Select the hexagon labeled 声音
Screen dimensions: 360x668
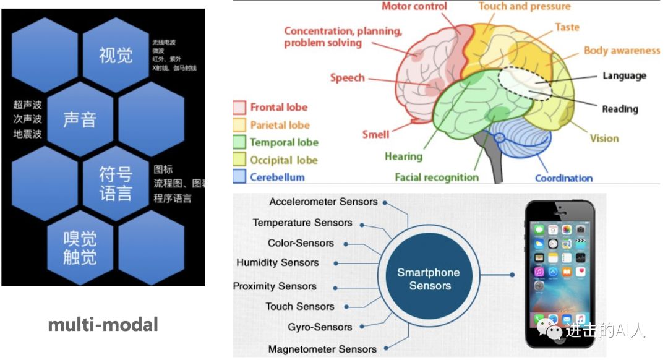click(80, 118)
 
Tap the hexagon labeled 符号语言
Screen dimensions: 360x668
click(116, 183)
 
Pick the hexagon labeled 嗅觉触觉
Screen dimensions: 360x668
click(80, 247)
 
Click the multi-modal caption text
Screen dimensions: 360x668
click(103, 324)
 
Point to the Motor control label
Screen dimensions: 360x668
click(414, 7)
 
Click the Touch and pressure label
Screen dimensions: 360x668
click(525, 7)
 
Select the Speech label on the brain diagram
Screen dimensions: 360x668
click(347, 78)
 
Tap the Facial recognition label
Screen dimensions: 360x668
click(437, 178)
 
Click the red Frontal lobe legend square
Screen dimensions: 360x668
click(239, 108)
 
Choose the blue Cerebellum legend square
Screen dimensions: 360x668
click(239, 177)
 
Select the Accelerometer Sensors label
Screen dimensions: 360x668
click(323, 202)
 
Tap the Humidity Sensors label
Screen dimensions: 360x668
click(278, 262)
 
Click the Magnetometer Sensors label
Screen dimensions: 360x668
click(322, 349)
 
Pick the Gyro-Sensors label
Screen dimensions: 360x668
click(320, 327)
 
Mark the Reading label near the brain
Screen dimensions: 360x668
click(620, 109)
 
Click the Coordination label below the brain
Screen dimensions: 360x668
click(563, 178)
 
